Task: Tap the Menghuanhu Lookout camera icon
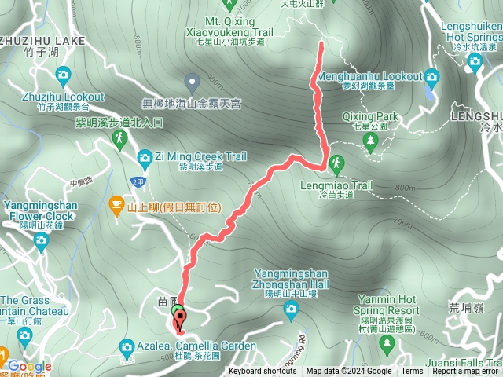coord(430,76)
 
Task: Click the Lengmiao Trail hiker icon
coord(336,163)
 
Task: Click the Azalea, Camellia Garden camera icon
coord(127,346)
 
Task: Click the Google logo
coord(30,366)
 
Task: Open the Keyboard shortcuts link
coord(263,372)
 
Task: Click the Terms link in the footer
coord(412,372)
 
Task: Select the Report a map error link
coord(466,372)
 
